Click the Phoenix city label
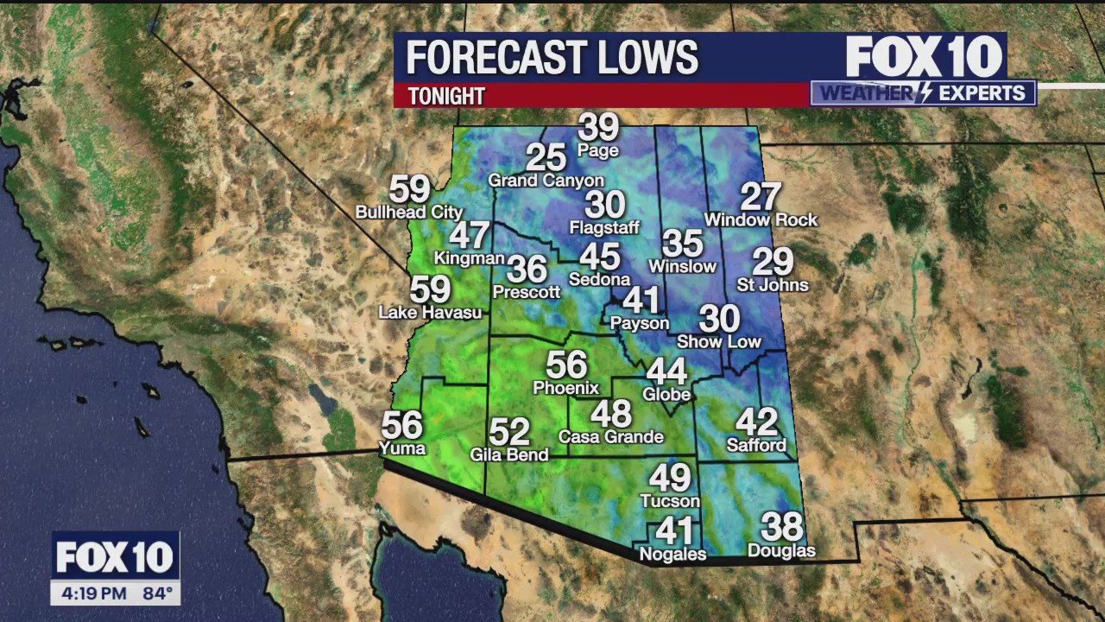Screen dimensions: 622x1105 (565, 388)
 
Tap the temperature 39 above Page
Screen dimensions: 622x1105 (598, 127)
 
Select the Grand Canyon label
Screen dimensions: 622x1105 (546, 181)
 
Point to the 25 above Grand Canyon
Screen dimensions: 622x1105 (546, 158)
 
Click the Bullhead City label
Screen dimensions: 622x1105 (409, 212)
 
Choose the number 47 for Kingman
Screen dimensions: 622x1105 (469, 235)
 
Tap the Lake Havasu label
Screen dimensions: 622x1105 (430, 313)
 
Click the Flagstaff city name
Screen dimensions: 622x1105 (604, 228)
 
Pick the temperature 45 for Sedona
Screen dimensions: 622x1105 (599, 257)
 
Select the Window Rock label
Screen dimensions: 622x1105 (761, 220)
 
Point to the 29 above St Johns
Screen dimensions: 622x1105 (773, 261)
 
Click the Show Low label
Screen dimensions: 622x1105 (718, 342)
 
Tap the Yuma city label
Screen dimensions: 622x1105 (402, 447)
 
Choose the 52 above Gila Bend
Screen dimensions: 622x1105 (508, 431)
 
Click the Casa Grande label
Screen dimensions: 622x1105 (610, 437)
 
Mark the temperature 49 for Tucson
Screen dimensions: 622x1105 (670, 478)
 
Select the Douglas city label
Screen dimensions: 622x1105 (781, 551)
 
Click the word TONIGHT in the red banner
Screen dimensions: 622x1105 (446, 96)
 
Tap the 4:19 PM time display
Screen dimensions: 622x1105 (94, 593)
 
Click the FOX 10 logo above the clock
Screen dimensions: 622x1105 (115, 557)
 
